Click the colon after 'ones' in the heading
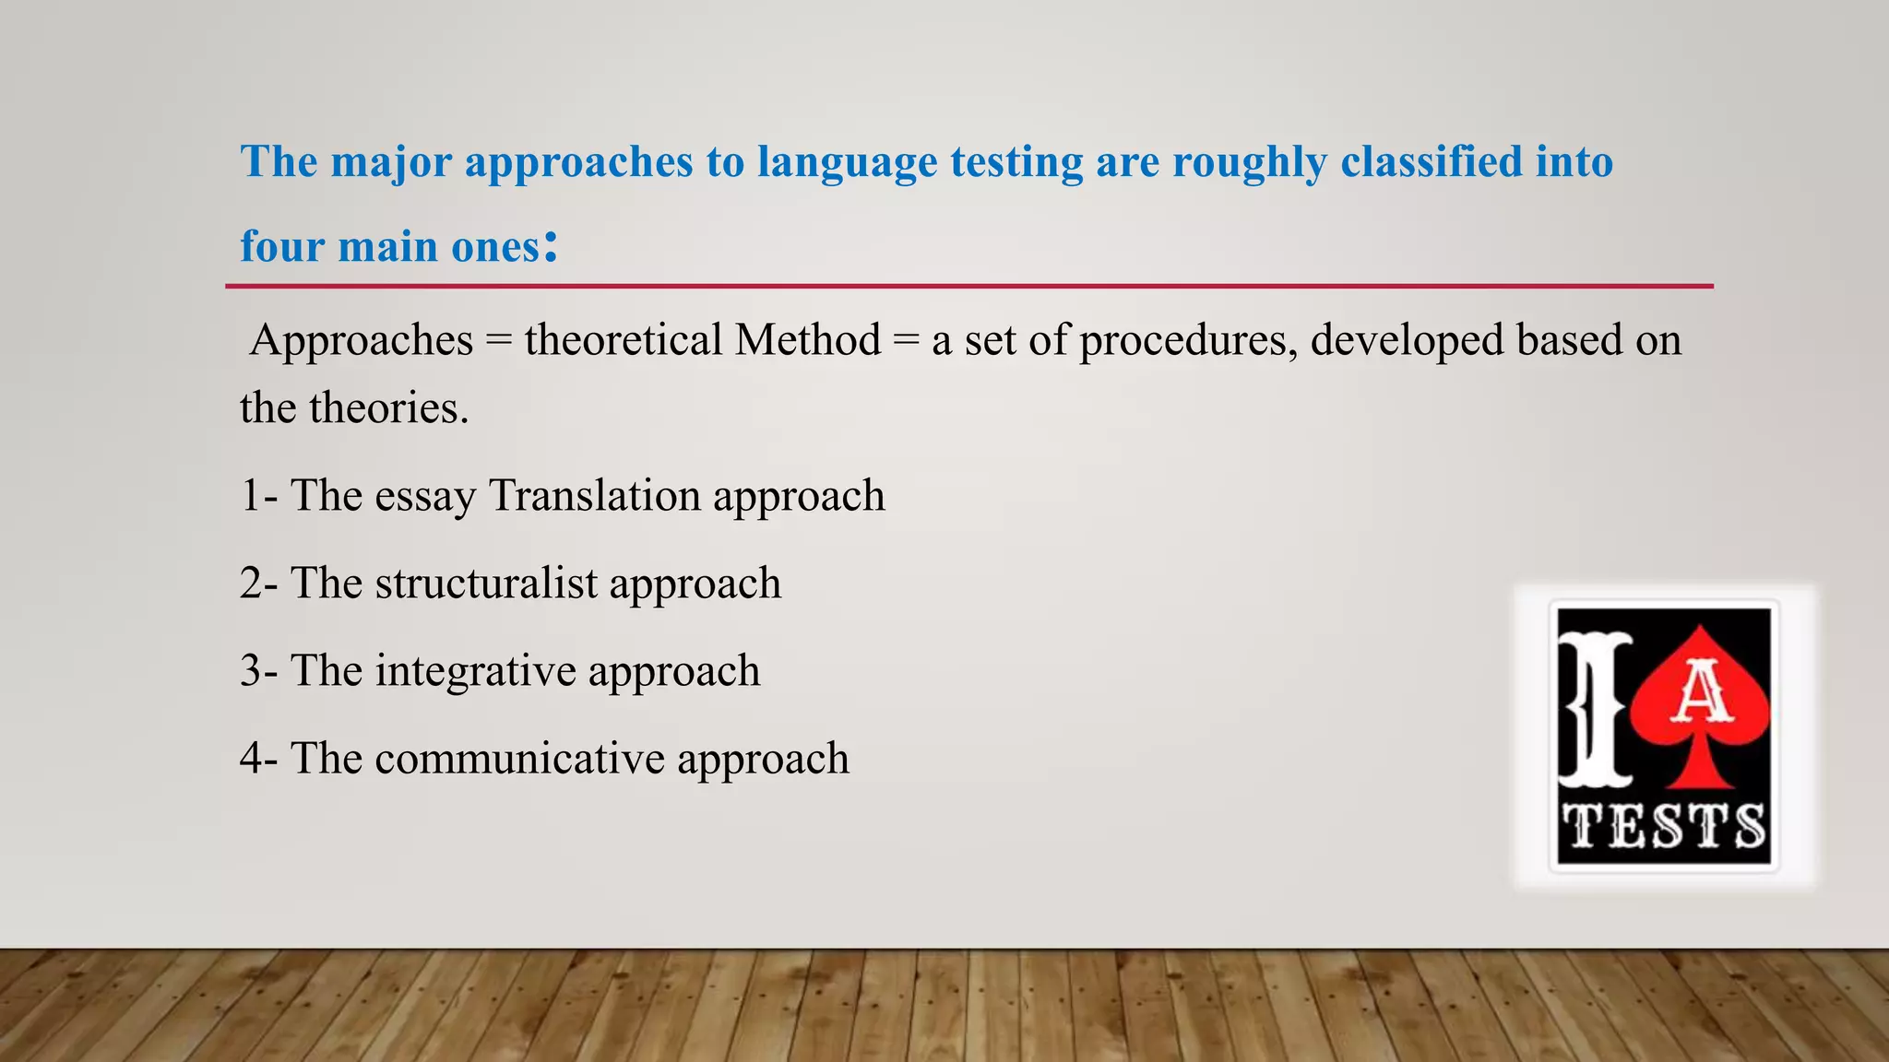click(551, 245)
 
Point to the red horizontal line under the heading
click(968, 287)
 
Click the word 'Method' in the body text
click(808, 340)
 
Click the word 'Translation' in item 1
click(594, 496)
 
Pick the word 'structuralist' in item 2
click(486, 584)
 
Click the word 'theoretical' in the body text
click(623, 340)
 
